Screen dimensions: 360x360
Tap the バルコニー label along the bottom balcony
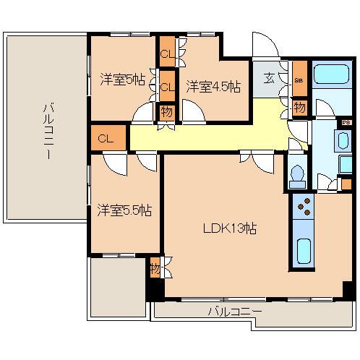(235, 312)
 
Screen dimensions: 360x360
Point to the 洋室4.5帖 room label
(213, 86)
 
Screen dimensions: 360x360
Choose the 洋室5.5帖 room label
(124, 211)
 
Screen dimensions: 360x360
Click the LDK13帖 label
(230, 228)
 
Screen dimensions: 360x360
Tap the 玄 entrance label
(269, 79)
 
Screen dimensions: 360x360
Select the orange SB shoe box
(299, 80)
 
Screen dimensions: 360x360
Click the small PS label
(335, 123)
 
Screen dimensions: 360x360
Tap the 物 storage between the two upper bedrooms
(166, 113)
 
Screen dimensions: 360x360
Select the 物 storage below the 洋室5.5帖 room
(155, 269)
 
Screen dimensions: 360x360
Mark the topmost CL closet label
(166, 54)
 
